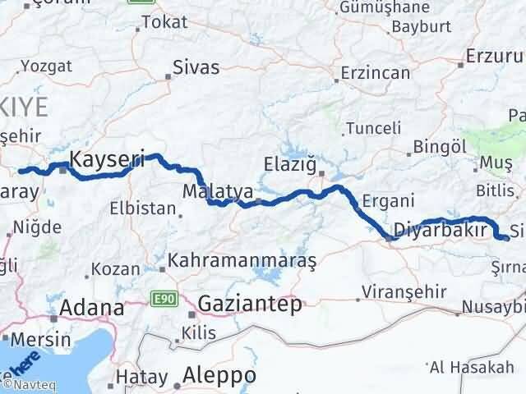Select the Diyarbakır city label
pos(440,229)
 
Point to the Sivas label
pos(196,67)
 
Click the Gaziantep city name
pos(249,305)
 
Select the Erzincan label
pos(374,73)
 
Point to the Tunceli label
pos(374,128)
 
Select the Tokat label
pos(164,22)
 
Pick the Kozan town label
pos(115,269)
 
